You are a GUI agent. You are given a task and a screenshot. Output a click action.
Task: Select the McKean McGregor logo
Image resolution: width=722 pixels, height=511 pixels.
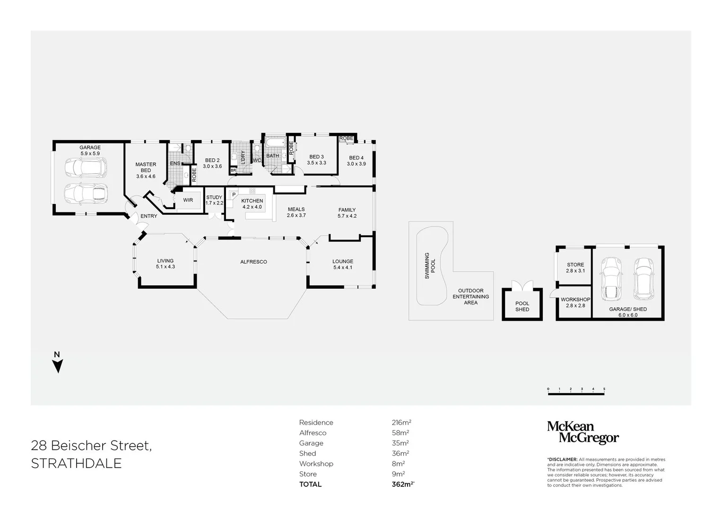click(583, 432)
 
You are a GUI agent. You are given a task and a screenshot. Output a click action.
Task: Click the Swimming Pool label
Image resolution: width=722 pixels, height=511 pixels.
click(430, 265)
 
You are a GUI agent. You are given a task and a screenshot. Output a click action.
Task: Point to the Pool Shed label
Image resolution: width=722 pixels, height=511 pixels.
click(522, 307)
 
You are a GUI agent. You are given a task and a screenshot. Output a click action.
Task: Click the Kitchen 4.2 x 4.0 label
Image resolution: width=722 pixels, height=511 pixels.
click(252, 204)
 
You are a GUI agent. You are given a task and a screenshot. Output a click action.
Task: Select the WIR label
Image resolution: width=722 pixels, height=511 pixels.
click(188, 200)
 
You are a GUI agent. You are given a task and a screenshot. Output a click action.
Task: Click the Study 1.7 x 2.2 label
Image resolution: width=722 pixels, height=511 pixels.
click(214, 200)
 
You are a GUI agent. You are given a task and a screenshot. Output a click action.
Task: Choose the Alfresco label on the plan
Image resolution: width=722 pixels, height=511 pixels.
click(253, 262)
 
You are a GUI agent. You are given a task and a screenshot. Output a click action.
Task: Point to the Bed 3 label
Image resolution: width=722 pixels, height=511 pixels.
click(316, 160)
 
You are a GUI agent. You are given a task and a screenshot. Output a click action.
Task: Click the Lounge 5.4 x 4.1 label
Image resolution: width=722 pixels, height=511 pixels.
click(343, 264)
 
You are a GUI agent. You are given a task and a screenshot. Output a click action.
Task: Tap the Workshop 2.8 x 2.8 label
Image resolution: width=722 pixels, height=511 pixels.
click(575, 302)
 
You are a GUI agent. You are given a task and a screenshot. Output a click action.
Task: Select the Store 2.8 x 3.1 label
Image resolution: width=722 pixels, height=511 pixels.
click(575, 268)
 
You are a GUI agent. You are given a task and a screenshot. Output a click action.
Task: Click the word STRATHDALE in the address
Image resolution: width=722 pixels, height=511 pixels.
click(76, 464)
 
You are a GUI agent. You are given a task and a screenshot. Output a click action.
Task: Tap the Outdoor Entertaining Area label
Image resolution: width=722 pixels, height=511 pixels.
click(470, 297)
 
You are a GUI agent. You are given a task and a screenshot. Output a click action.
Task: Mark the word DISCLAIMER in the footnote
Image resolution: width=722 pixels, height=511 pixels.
click(563, 459)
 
